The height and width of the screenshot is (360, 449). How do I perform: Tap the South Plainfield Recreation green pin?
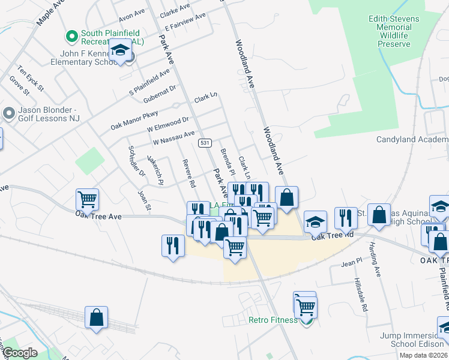(72, 37)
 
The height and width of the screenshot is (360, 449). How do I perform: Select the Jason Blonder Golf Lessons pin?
(8, 113)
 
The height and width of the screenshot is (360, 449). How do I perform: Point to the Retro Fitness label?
(273, 320)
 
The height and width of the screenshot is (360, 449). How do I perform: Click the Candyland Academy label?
(412, 139)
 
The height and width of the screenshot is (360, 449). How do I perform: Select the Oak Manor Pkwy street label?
(134, 119)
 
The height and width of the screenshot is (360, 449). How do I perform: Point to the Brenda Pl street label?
(227, 160)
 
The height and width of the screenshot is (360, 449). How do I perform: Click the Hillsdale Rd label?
(360, 295)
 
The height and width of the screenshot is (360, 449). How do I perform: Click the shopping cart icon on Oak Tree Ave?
(87, 199)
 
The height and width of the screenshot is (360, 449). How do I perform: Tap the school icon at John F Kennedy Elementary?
(120, 50)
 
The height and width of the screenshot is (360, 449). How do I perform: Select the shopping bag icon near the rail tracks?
(96, 318)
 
